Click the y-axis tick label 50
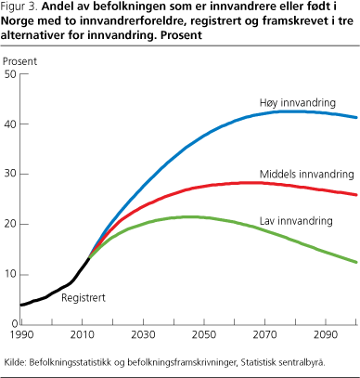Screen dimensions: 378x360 (x=9, y=74)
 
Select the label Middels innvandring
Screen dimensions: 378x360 (x=305, y=175)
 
